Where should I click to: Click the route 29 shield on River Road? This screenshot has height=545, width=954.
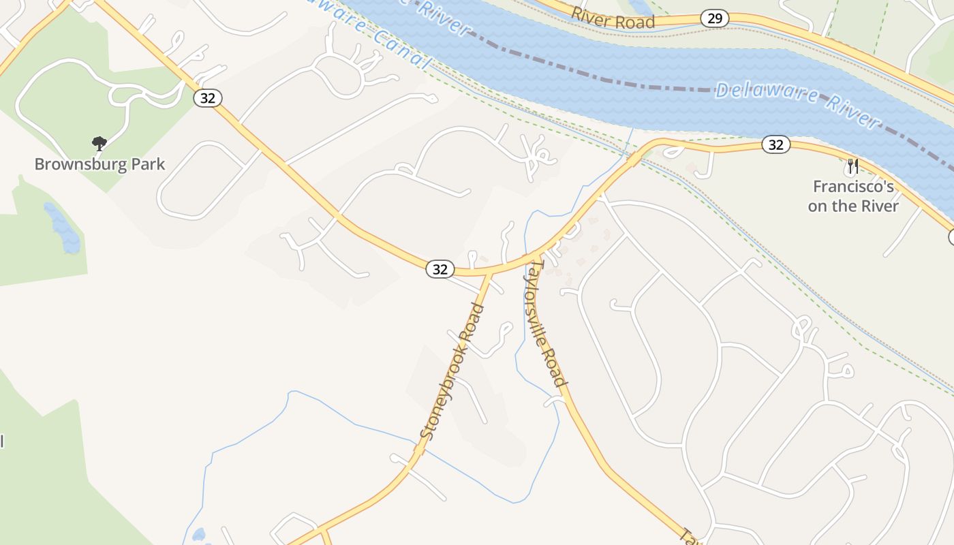714,18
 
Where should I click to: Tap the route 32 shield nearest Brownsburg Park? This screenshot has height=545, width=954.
208,98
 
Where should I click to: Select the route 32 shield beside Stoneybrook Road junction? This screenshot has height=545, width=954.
440,269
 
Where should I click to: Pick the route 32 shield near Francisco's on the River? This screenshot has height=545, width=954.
775,144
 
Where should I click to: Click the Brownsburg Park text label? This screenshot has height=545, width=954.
99,164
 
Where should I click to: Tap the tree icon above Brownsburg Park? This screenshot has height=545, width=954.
99,143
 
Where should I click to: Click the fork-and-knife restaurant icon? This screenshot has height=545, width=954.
852,166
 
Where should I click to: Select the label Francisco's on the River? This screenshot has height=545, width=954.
853,196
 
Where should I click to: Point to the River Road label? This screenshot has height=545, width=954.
613,18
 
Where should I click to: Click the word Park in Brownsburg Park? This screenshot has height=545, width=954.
143,164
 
